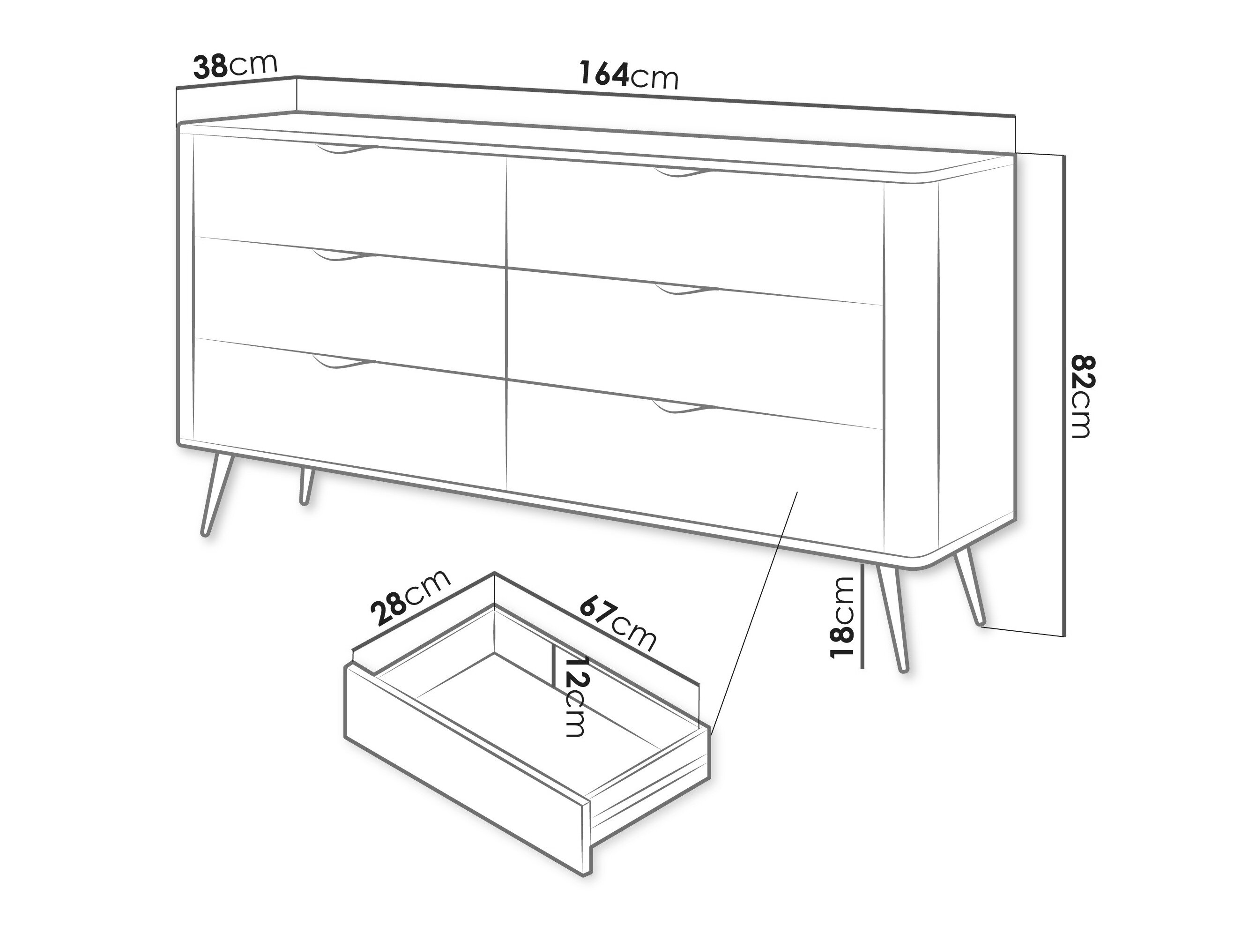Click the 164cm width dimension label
tap(629, 75)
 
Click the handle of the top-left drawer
tap(346, 149)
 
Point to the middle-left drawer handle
tap(344, 256)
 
